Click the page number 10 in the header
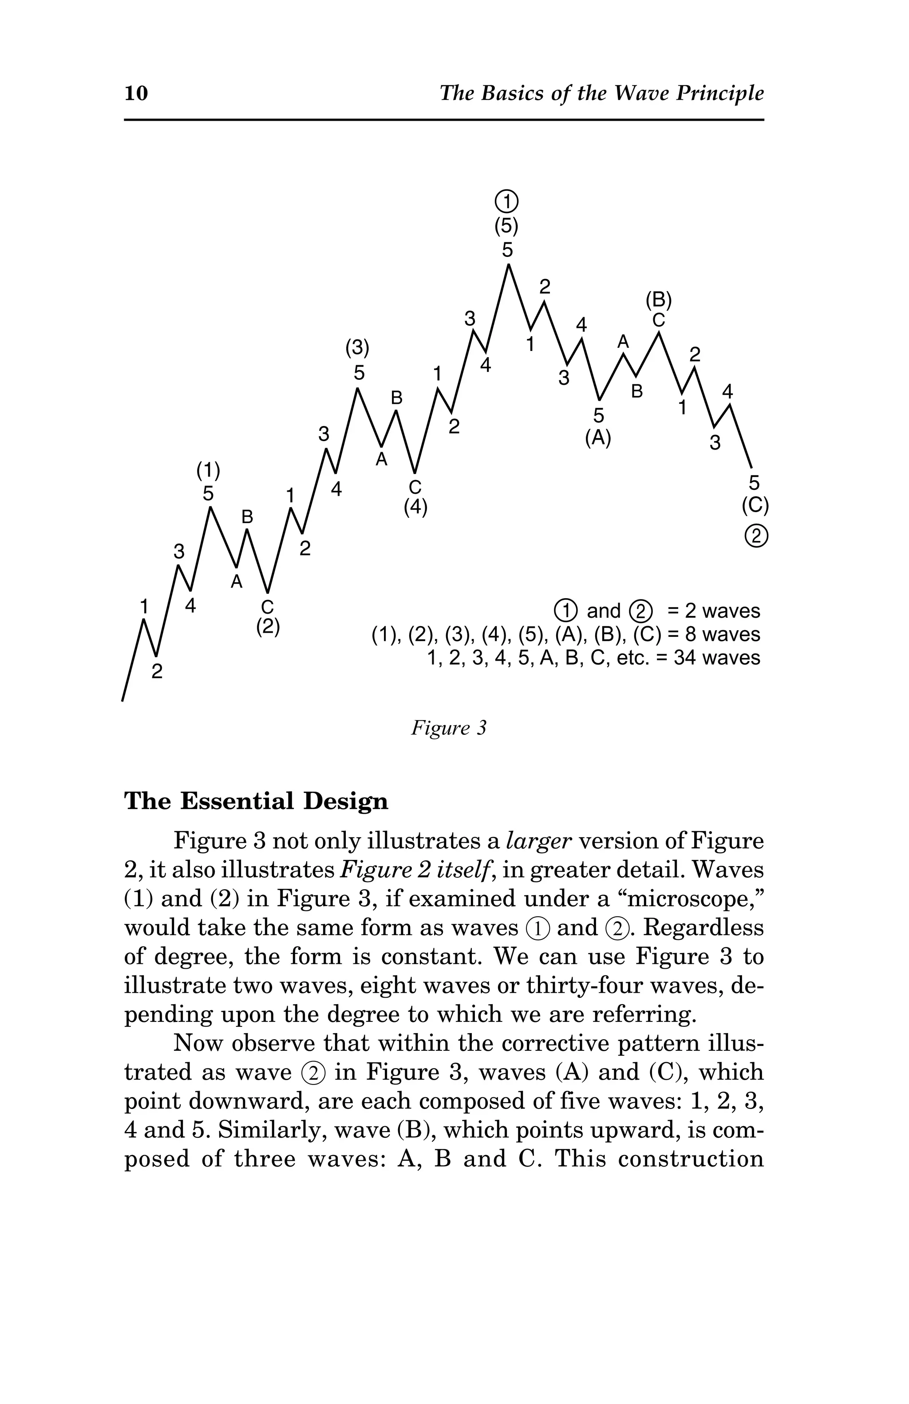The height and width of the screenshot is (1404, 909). coord(136,93)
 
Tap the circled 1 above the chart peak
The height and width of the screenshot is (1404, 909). coord(506,202)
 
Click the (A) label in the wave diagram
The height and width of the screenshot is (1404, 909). coord(598,438)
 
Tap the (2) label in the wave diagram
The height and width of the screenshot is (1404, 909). coord(268,626)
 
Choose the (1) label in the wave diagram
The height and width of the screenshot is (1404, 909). coord(208,470)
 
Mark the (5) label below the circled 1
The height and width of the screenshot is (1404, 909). coord(506,226)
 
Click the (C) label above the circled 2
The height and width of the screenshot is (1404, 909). coord(755,505)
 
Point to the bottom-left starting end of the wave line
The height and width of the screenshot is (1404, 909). coord(123,700)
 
